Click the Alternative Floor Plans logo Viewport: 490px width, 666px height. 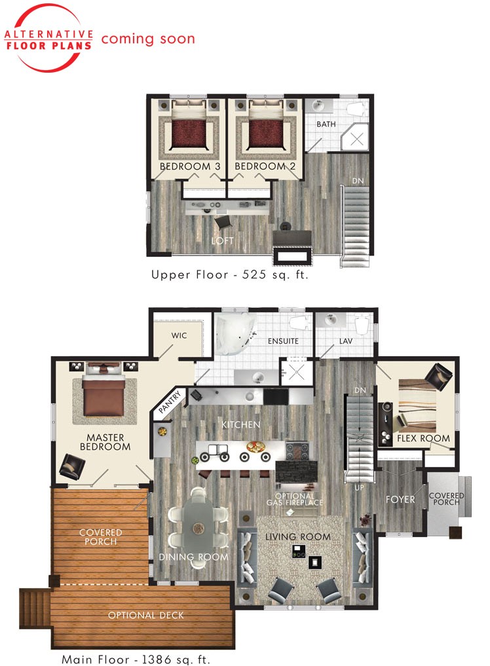pyautogui.click(x=48, y=38)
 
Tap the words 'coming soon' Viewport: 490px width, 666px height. pyautogui.click(x=147, y=39)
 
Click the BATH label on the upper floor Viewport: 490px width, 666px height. pyautogui.click(x=326, y=124)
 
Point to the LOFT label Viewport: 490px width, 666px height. pyautogui.click(x=222, y=241)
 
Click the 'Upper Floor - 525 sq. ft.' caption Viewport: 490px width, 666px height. pyautogui.click(x=229, y=275)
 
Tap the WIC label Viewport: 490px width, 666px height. pyautogui.click(x=179, y=335)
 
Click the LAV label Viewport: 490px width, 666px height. pyautogui.click(x=346, y=341)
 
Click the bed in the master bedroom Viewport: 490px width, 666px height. pyautogui.click(x=103, y=394)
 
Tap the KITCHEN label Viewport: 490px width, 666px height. pyautogui.click(x=240, y=425)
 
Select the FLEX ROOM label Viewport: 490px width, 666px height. pyautogui.click(x=424, y=438)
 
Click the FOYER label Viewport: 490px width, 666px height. pyautogui.click(x=400, y=499)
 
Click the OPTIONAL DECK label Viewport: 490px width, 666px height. pyautogui.click(x=146, y=615)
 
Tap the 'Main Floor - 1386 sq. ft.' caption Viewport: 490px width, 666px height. pyautogui.click(x=136, y=659)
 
